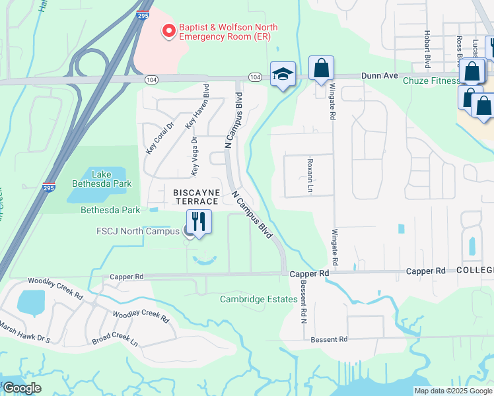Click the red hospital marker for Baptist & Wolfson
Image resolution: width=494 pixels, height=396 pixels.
(169, 30)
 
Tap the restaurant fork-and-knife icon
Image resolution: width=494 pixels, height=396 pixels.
(199, 221)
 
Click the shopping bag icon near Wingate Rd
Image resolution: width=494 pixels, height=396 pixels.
(321, 68)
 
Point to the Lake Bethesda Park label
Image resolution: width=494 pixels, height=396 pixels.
(111, 179)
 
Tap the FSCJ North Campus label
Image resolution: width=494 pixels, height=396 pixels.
(137, 231)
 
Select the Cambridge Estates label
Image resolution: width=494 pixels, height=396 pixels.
(258, 299)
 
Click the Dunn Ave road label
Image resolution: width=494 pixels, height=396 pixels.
(380, 76)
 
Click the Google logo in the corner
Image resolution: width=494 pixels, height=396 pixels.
(22, 388)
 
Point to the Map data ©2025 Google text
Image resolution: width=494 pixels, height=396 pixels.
(452, 391)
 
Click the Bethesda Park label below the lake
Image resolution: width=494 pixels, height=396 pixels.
(110, 211)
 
